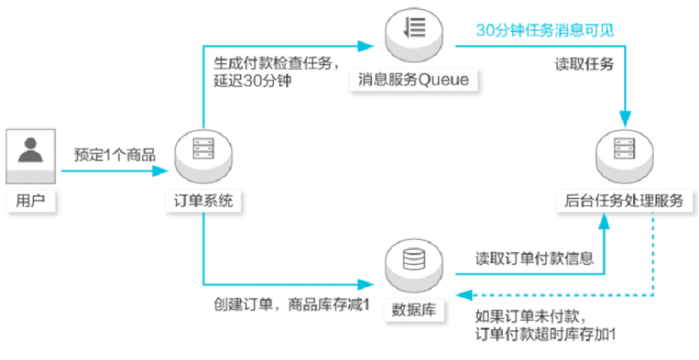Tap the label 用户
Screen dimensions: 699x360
[x=30, y=201]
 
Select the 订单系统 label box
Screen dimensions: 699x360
[x=203, y=201]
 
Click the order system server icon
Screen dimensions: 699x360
[x=203, y=154]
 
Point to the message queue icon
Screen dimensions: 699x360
[x=414, y=31]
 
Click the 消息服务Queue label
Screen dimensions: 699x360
[x=414, y=80]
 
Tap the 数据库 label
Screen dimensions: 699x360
[x=414, y=310]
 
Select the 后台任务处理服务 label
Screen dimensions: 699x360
[x=624, y=201]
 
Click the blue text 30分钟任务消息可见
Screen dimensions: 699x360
[x=544, y=30]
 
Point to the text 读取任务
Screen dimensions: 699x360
[x=585, y=64]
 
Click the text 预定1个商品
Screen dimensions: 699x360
[x=114, y=155]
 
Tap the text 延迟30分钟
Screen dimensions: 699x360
[x=252, y=81]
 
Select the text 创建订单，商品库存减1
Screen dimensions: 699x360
[x=292, y=305]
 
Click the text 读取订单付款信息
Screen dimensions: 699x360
[x=535, y=258]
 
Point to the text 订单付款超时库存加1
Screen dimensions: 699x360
[x=546, y=335]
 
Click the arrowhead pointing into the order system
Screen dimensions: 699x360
[x=160, y=171]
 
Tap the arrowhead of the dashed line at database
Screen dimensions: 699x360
[x=464, y=295]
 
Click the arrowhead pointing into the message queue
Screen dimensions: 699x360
[x=366, y=46]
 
